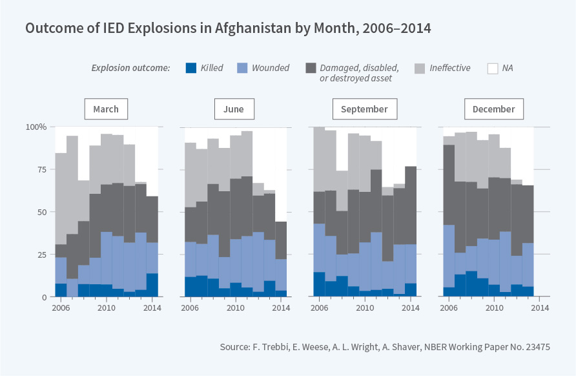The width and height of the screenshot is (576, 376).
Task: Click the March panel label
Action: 106,109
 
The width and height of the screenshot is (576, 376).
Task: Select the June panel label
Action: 234,109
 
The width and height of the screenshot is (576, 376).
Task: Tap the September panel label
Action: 364,109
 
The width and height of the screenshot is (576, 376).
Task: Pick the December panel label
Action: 493,109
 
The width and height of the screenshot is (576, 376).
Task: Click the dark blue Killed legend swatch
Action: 191,68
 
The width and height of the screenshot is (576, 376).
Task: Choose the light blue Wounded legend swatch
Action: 242,68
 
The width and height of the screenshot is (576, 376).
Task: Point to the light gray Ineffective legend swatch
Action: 420,68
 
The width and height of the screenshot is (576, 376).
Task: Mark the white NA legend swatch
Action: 493,68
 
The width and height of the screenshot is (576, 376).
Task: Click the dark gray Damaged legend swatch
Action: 311,68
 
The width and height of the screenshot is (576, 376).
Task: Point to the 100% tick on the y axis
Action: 36,127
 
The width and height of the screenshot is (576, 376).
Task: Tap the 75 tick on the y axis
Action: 40,170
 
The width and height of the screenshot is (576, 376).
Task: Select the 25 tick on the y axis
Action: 40,255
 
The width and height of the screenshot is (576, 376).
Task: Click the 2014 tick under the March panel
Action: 152,308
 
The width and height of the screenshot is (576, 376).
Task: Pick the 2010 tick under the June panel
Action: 236,308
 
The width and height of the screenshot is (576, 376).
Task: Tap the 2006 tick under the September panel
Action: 319,308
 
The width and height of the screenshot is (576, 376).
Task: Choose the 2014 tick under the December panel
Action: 539,308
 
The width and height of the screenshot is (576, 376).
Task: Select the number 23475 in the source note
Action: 535,347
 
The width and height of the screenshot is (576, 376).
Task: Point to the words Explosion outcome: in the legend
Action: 130,68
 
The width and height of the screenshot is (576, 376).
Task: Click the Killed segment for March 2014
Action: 152,285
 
